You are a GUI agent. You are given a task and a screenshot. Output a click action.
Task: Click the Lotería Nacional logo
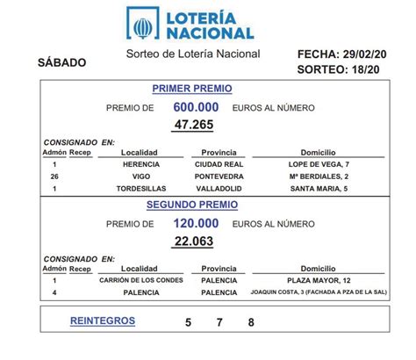tap(190, 23)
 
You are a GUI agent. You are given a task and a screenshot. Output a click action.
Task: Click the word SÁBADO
tap(62, 62)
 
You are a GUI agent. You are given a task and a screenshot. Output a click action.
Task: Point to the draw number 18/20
tap(360, 68)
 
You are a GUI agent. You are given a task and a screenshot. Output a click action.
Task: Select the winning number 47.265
tap(195, 126)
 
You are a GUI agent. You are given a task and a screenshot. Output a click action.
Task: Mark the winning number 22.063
tap(195, 241)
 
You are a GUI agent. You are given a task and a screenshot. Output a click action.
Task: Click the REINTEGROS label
tap(103, 320)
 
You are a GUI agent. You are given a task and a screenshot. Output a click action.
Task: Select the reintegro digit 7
tap(219, 322)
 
